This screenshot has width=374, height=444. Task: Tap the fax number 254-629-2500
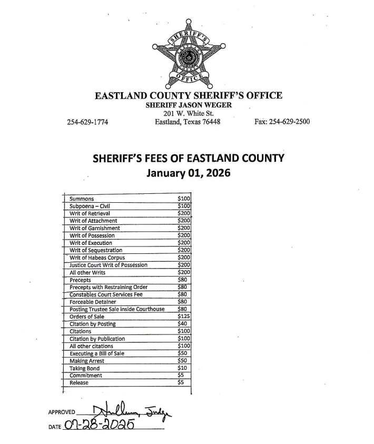click(x=282, y=122)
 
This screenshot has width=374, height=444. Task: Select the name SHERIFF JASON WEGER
click(x=188, y=105)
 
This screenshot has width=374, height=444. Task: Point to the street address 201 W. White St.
click(x=188, y=113)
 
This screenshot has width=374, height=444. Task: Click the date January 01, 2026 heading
click(x=188, y=172)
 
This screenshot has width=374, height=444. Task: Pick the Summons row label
click(x=82, y=199)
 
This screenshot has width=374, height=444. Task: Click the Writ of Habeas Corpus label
click(x=97, y=258)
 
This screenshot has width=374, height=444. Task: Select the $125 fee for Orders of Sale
click(x=184, y=317)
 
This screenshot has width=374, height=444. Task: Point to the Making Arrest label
click(x=87, y=361)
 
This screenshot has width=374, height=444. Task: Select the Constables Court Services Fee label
click(x=105, y=294)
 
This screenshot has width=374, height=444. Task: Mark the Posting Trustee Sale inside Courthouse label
click(x=117, y=309)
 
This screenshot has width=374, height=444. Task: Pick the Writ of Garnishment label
click(x=95, y=228)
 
